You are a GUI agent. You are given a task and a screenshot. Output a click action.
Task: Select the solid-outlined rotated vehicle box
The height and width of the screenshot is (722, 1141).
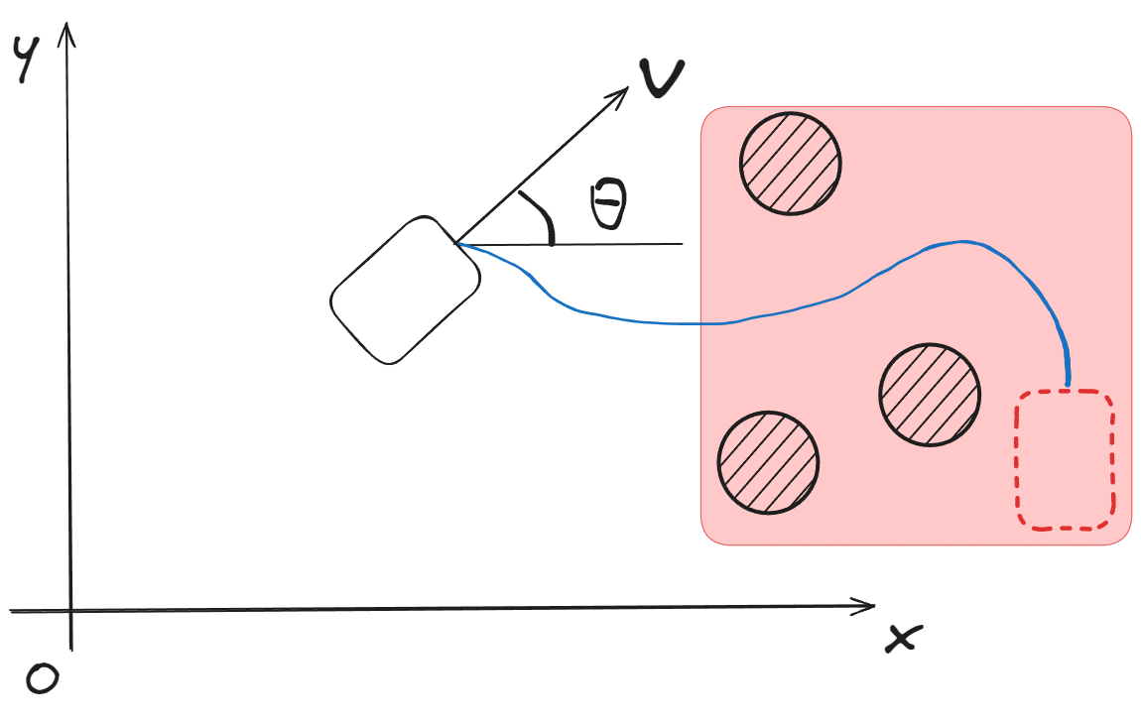[x=405, y=290]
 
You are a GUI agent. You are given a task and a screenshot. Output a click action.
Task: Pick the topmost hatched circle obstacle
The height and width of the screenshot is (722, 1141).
[x=791, y=163]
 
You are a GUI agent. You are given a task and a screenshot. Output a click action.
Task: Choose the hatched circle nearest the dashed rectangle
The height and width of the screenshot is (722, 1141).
[x=930, y=393]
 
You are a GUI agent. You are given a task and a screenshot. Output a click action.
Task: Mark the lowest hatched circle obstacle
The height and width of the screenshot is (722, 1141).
[x=768, y=463]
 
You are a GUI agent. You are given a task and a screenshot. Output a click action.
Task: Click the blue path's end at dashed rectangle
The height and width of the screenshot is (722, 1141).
[x=1068, y=384]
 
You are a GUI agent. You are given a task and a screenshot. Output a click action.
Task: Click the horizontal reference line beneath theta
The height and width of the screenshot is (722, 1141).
[x=615, y=243]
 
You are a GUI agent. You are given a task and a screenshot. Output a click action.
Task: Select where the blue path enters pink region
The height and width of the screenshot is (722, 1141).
[x=702, y=323]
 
